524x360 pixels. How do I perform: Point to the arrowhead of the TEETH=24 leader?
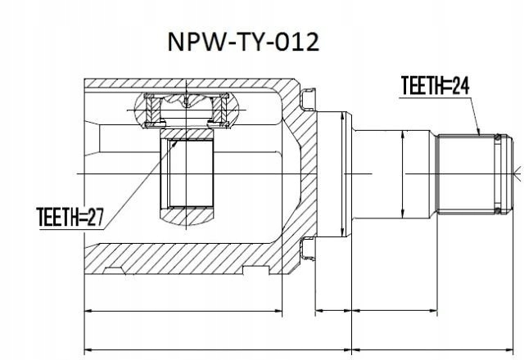coord(478,134)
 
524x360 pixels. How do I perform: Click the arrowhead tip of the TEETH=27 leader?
coord(175,141)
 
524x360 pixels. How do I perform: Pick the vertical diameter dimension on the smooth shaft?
coord(403,174)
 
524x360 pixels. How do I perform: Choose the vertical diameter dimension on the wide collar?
coord(337,174)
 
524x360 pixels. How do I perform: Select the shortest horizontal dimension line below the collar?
coord(334,311)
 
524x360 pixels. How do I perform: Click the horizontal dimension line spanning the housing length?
coord(183,311)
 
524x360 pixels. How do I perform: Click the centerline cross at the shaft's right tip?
coord(517,173)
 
